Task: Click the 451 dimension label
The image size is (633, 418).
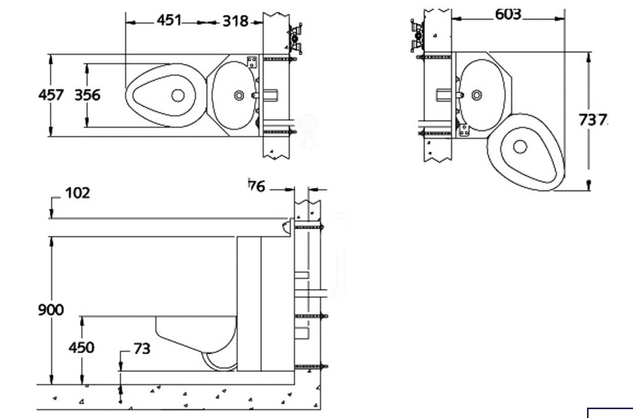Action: (x=169, y=20)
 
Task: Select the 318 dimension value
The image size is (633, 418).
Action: (x=235, y=21)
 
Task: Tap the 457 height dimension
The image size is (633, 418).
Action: (x=51, y=95)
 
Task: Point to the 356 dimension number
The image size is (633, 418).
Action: (x=87, y=95)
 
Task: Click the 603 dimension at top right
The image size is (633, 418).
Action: (x=509, y=15)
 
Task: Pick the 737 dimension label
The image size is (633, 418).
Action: (x=593, y=120)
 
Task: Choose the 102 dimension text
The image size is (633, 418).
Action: (x=77, y=193)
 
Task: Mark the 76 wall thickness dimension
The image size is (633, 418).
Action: (x=257, y=186)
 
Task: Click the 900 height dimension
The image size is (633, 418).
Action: (x=51, y=310)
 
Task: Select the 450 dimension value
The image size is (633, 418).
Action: (x=81, y=347)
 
